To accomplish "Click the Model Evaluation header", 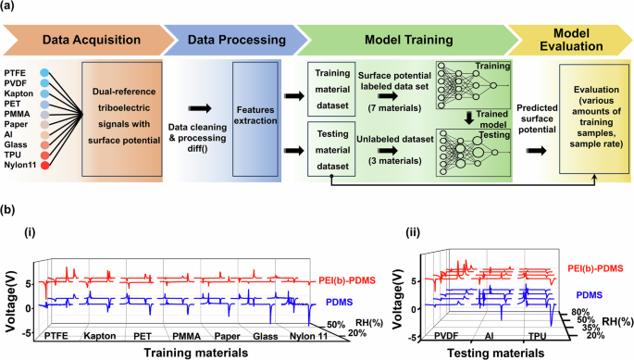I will click(571, 39).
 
